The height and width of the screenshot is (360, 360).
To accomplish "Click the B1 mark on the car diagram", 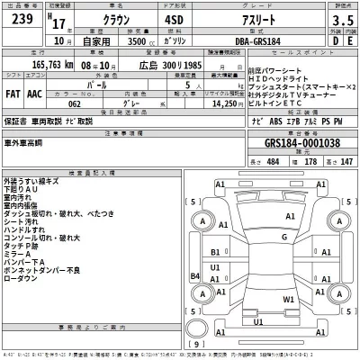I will (216, 252).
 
